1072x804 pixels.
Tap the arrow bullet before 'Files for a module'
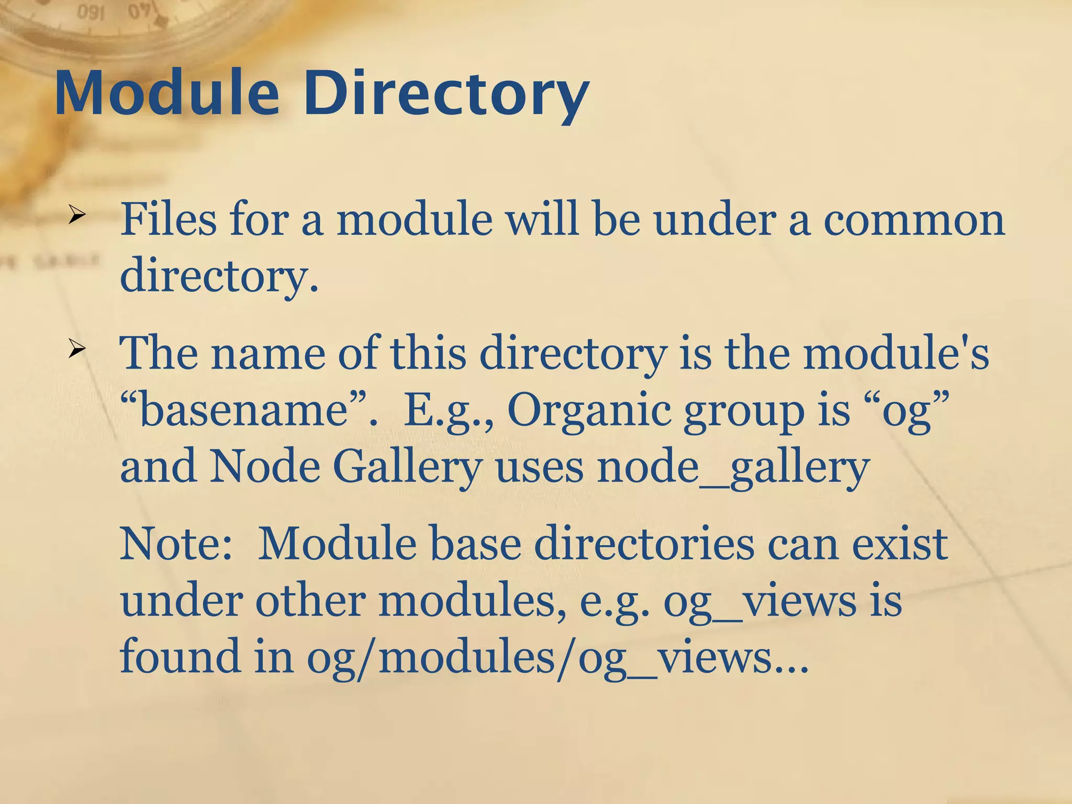coord(76,215)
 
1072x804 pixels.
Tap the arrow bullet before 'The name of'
coord(76,349)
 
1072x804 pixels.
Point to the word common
coord(914,220)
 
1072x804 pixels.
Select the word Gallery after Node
coord(407,467)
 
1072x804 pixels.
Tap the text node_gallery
coord(733,467)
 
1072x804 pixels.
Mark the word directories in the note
coord(644,544)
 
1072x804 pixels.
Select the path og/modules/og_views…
coord(557,657)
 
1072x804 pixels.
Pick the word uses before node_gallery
coord(539,467)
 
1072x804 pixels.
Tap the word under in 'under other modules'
coord(181,600)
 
